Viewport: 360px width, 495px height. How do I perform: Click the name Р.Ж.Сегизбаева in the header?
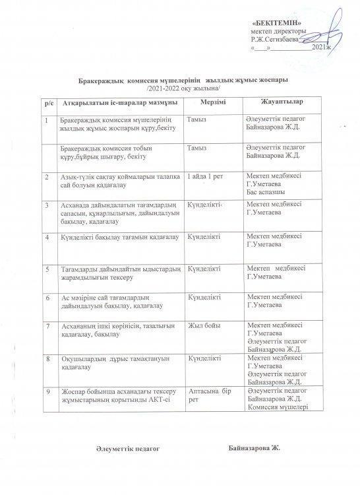[274, 40]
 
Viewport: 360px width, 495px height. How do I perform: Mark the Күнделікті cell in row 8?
[204, 358]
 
